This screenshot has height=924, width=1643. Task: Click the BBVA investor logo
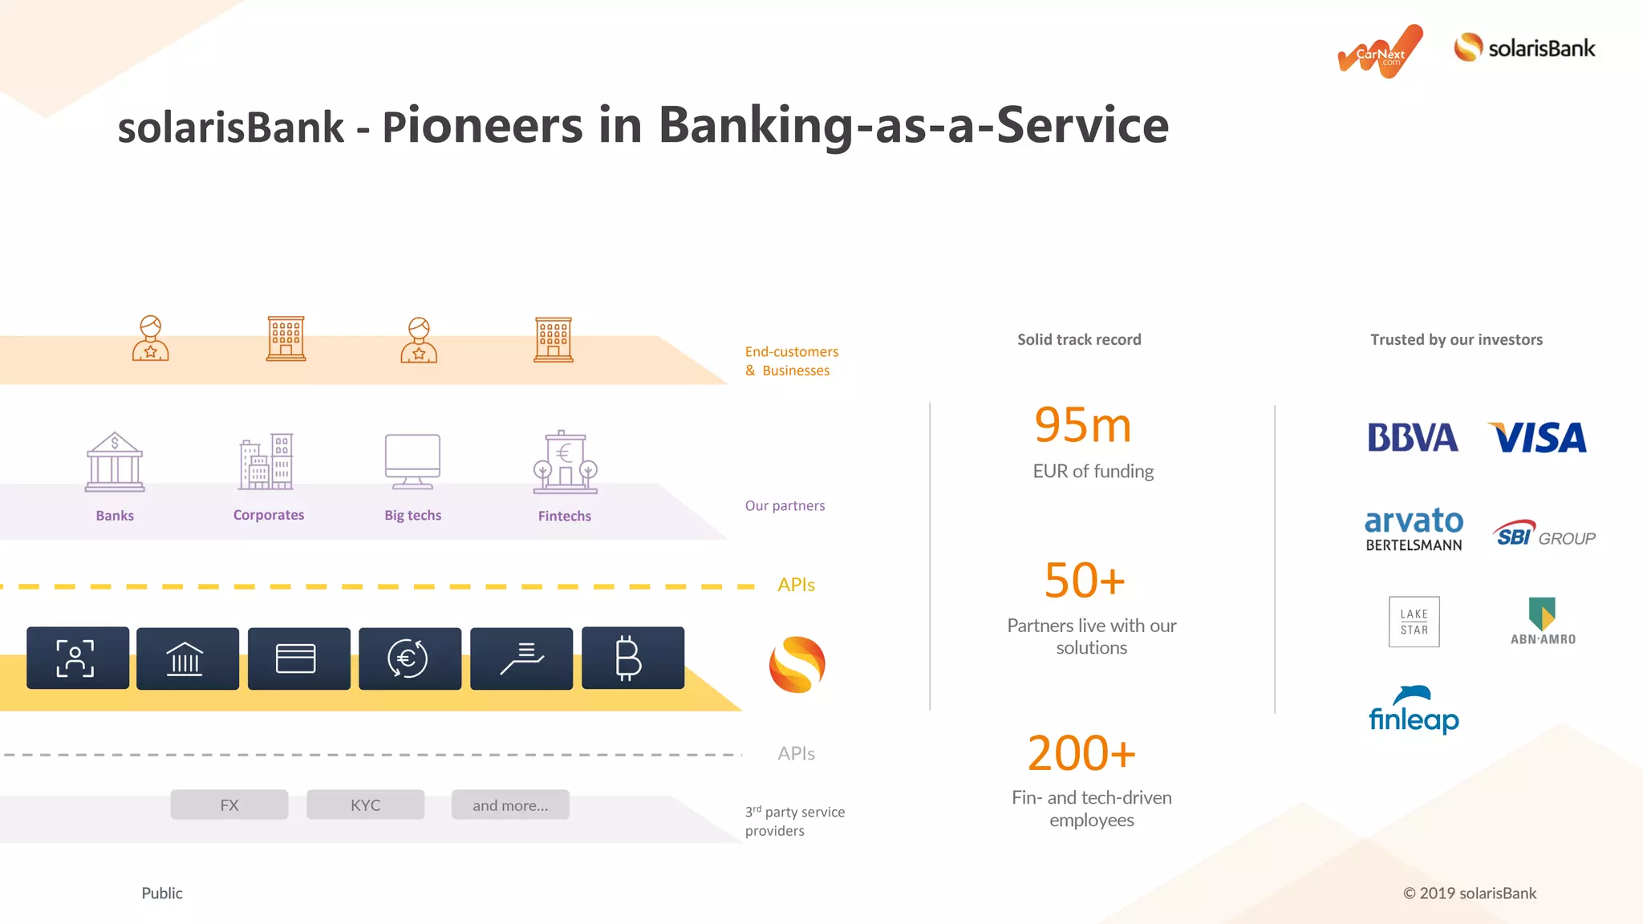click(x=1412, y=437)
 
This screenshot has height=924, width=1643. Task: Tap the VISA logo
click(x=1537, y=438)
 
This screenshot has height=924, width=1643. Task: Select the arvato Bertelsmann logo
click(x=1414, y=529)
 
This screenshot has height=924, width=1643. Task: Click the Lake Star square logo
click(x=1414, y=622)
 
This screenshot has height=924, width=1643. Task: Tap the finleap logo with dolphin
click(x=1414, y=711)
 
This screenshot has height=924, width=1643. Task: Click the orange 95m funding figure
click(x=1082, y=425)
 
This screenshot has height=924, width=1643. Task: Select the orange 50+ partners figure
click(x=1085, y=581)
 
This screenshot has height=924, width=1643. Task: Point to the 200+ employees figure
click(x=1081, y=754)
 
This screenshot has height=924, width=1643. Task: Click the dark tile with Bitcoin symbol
click(x=632, y=659)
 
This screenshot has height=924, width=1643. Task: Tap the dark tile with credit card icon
click(x=298, y=659)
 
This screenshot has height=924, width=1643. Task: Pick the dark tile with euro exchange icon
click(x=409, y=659)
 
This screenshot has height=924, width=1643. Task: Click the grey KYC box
click(x=365, y=804)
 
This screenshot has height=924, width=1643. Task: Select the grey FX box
click(x=229, y=804)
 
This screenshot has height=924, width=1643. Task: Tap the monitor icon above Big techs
click(x=412, y=461)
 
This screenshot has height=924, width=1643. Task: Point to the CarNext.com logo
click(x=1380, y=52)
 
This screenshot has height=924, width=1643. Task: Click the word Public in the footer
click(x=162, y=893)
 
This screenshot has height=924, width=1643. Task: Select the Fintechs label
click(x=564, y=516)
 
